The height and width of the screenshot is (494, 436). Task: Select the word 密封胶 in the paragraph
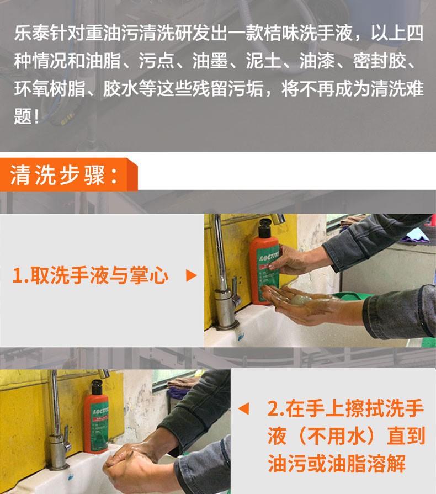[380, 62]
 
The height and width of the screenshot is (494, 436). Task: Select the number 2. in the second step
[275, 410]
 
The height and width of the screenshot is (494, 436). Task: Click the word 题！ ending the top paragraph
[27, 116]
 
